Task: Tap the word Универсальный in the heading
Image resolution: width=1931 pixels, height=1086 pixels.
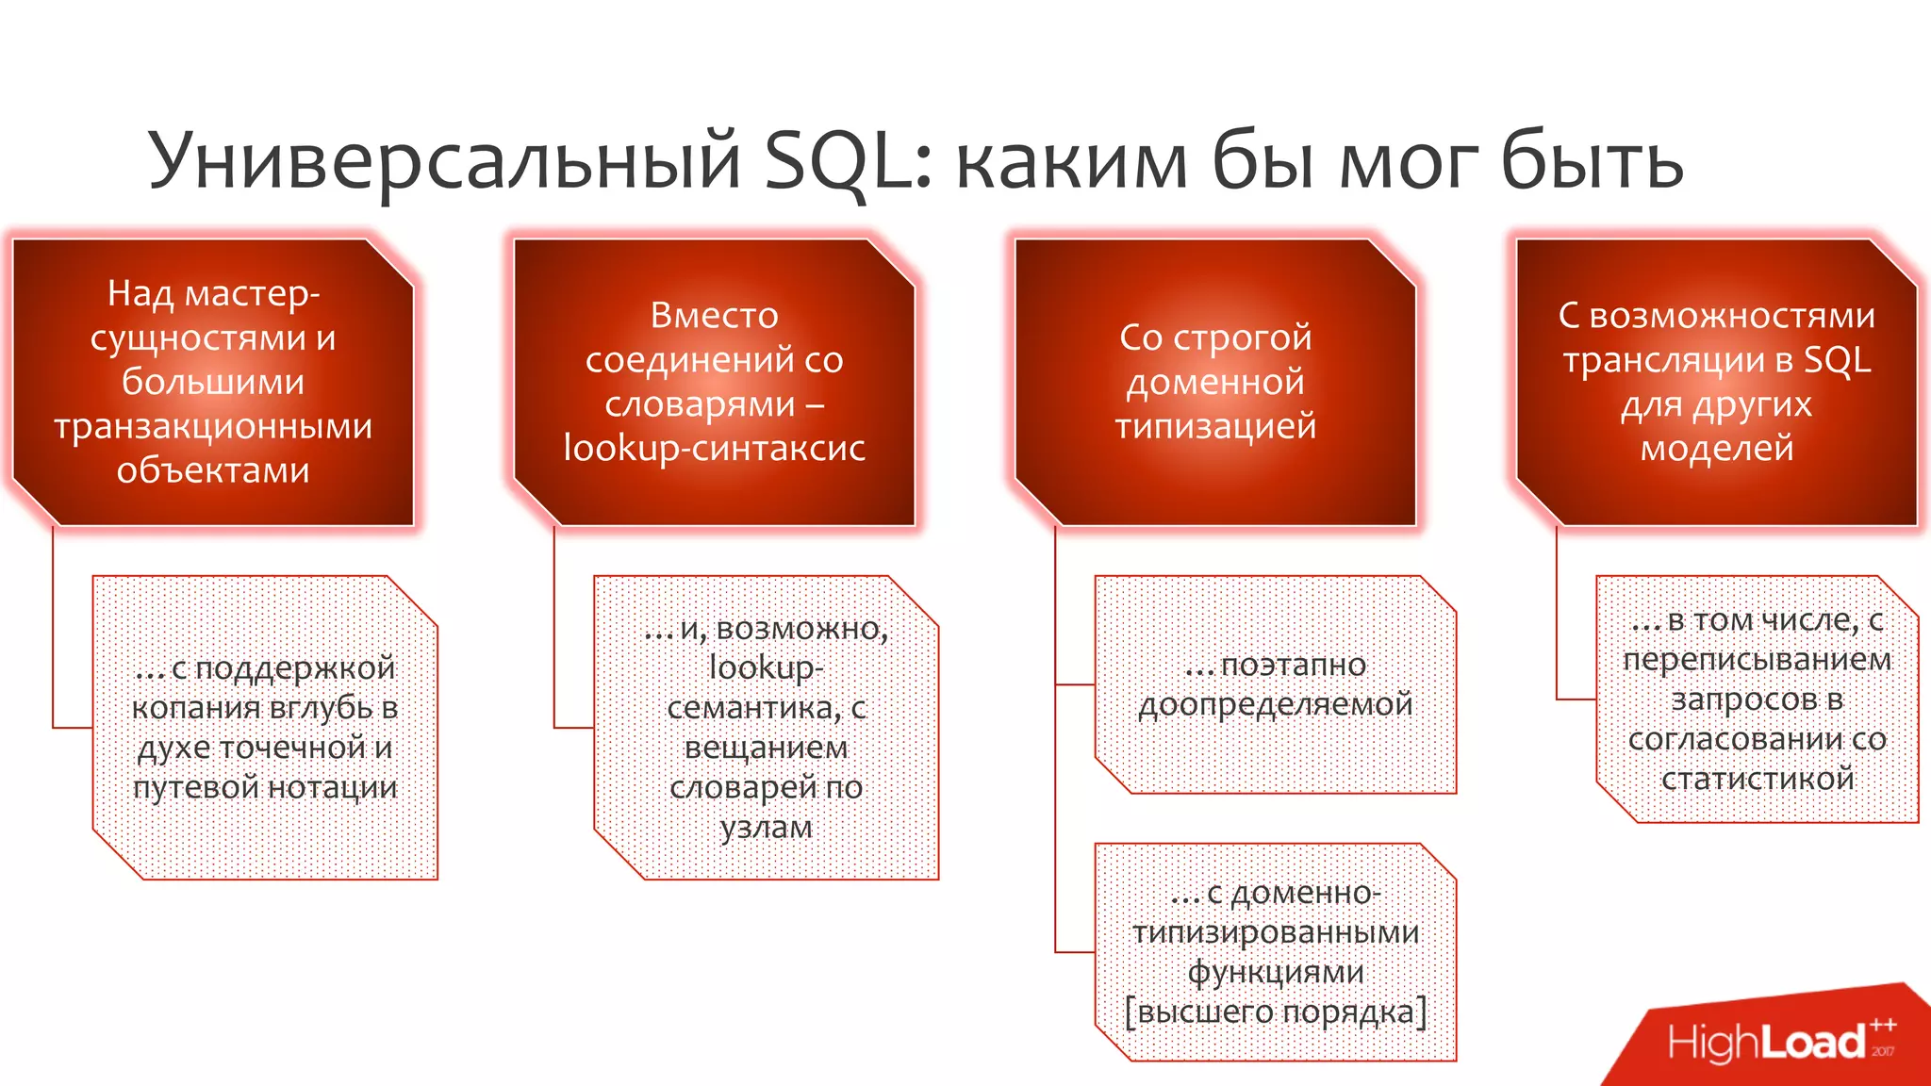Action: point(443,160)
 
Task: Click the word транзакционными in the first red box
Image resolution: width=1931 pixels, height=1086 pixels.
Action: point(213,426)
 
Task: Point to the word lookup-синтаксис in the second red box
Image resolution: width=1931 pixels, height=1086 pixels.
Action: point(714,448)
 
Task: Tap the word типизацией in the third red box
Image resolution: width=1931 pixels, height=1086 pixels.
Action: point(1215,426)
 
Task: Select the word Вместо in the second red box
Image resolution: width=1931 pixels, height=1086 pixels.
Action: point(714,315)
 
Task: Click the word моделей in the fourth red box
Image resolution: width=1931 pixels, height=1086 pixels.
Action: point(1716,448)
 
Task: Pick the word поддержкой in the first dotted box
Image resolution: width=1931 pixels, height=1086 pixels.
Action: point(296,667)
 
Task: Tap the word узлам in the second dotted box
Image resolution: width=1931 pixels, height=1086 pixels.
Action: point(766,827)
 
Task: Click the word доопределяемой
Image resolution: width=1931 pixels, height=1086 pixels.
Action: point(1275,704)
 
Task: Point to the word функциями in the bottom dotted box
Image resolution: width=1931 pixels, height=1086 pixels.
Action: point(1275,972)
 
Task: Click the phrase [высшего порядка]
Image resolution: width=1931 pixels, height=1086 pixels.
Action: point(1275,1012)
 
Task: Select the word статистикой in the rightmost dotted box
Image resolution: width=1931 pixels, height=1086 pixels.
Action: point(1758,779)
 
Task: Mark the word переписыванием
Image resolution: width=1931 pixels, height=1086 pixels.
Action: point(1758,659)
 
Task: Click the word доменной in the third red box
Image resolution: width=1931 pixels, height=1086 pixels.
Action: point(1215,382)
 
